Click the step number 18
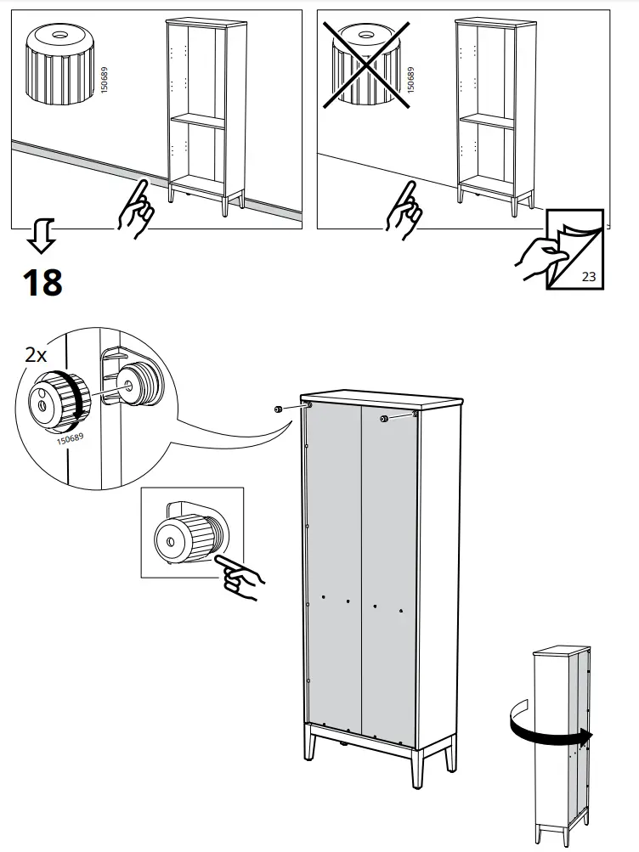point(42,282)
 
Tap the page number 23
point(589,277)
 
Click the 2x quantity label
point(36,355)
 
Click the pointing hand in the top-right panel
point(403,210)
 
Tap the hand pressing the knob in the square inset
point(240,578)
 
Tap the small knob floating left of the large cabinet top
point(278,409)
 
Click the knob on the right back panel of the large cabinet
point(384,418)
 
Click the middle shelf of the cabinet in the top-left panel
point(197,119)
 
